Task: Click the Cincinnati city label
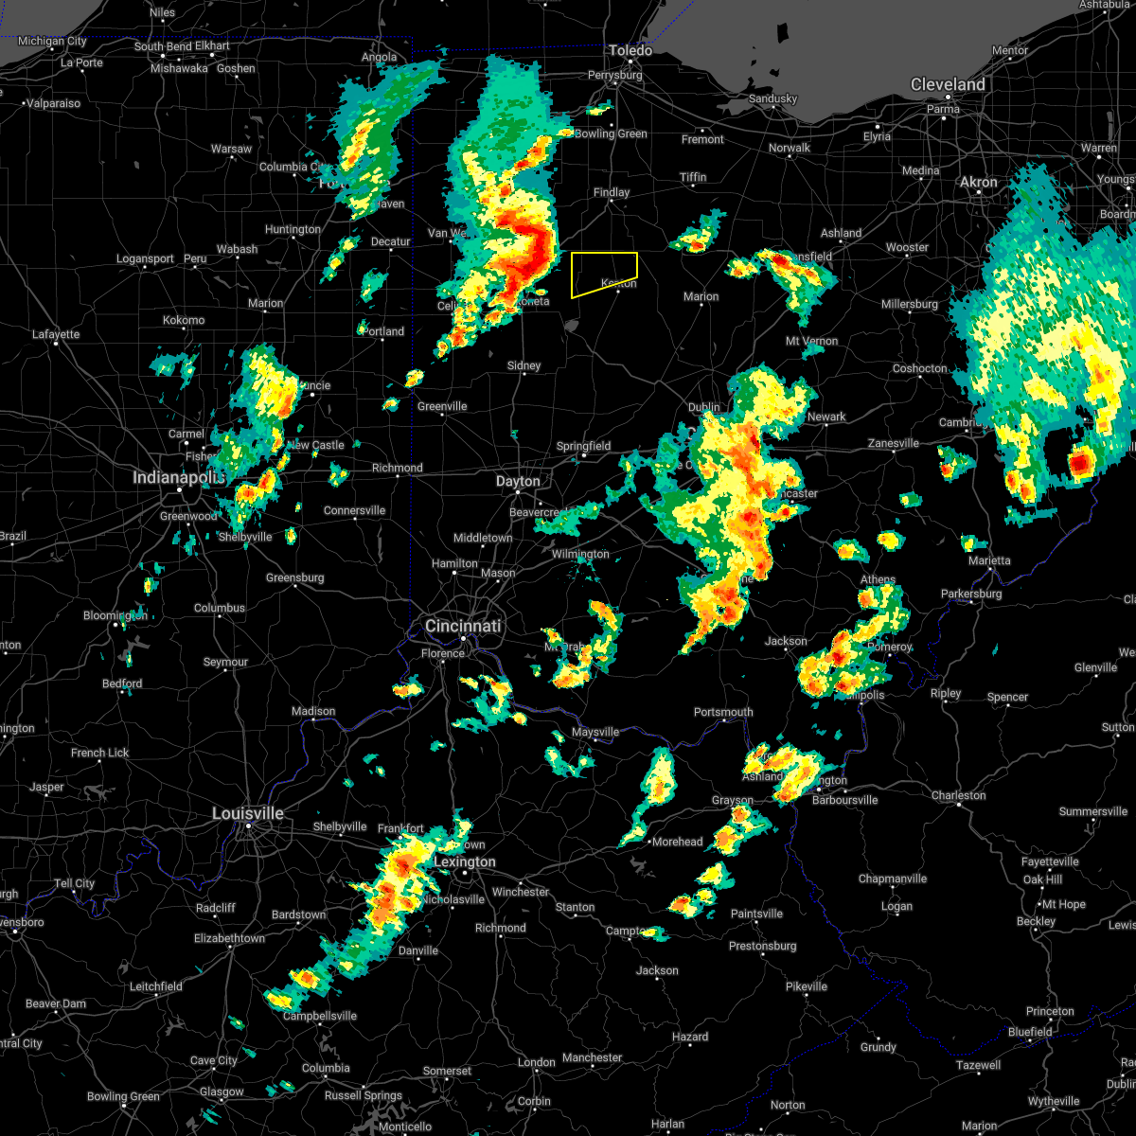(463, 627)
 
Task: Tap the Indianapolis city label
(179, 478)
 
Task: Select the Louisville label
(248, 814)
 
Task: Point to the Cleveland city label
(948, 85)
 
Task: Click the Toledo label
(630, 51)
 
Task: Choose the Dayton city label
(518, 482)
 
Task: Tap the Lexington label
(465, 862)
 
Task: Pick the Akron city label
(979, 183)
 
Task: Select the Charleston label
(959, 796)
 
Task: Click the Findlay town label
(612, 193)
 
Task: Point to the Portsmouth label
(723, 713)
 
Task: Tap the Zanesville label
(894, 444)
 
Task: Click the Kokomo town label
(184, 321)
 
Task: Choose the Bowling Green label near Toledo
(611, 134)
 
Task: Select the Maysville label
(595, 733)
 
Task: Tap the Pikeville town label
(807, 987)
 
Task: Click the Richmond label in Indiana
(398, 469)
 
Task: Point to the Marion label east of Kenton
(701, 297)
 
